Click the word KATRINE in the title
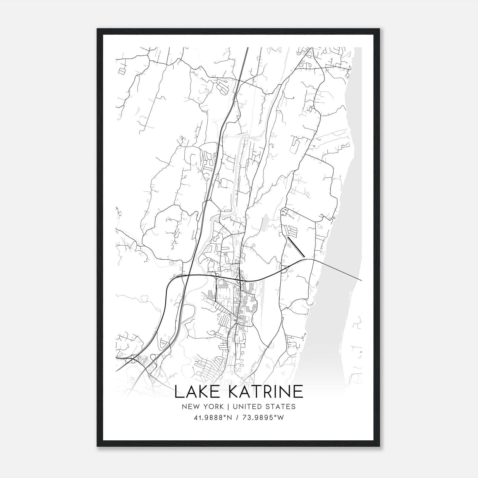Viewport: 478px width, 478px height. (266, 391)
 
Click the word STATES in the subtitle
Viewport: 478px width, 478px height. (281, 407)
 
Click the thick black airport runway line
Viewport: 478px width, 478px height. (296, 247)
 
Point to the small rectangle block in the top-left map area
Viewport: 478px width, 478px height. (122, 71)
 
